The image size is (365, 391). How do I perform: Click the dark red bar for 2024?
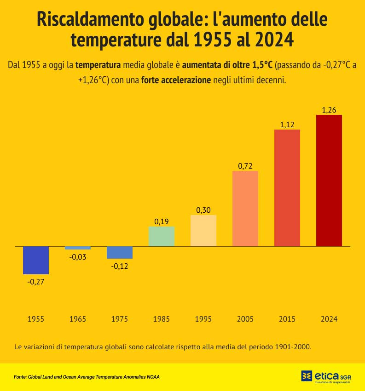click(x=329, y=180)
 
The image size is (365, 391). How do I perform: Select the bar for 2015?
click(x=287, y=187)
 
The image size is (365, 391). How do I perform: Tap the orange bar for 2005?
click(x=245, y=208)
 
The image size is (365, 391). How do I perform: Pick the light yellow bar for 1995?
click(x=203, y=230)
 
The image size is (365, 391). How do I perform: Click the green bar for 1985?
click(x=162, y=236)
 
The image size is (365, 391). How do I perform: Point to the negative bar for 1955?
click(x=36, y=260)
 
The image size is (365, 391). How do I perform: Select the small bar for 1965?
click(x=78, y=248)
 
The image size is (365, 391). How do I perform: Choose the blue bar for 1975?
click(x=120, y=252)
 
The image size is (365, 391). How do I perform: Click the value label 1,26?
click(x=329, y=110)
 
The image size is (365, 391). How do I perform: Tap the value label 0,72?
click(x=245, y=166)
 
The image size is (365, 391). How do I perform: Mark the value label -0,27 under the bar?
click(x=36, y=282)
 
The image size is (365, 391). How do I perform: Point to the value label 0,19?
click(x=162, y=221)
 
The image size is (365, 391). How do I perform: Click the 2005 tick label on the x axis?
click(x=245, y=319)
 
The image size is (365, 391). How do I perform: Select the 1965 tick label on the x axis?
click(x=78, y=319)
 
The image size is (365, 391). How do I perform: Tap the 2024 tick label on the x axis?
click(x=329, y=319)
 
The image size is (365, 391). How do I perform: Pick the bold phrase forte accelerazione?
click(x=176, y=80)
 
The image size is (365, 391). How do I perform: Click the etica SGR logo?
click(x=326, y=376)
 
